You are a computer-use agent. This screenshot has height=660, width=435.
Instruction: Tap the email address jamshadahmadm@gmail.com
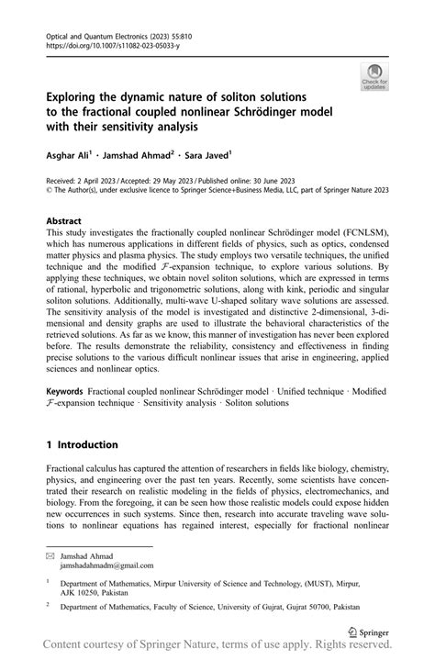[108, 565]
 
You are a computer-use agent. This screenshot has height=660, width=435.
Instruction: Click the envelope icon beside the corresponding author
[50, 554]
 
